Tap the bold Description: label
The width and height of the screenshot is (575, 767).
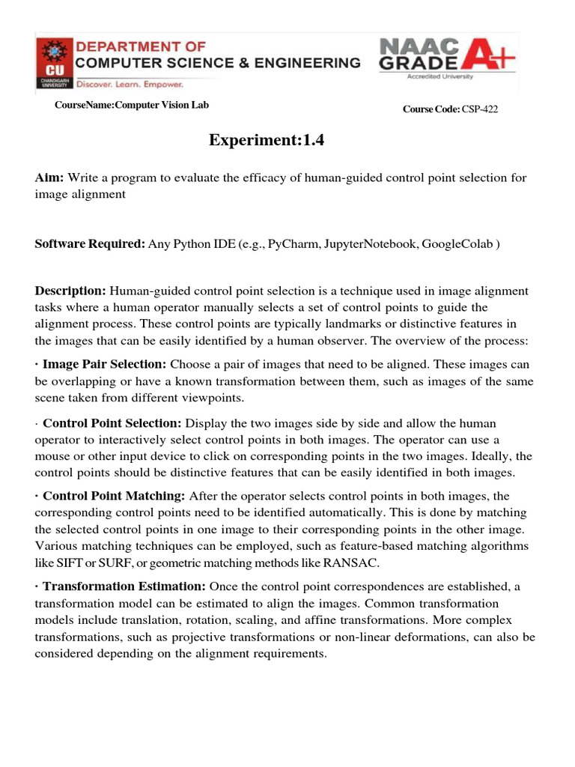point(71,291)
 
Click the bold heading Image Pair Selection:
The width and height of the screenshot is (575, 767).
point(105,365)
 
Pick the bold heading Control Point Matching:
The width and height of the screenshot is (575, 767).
point(114,496)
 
